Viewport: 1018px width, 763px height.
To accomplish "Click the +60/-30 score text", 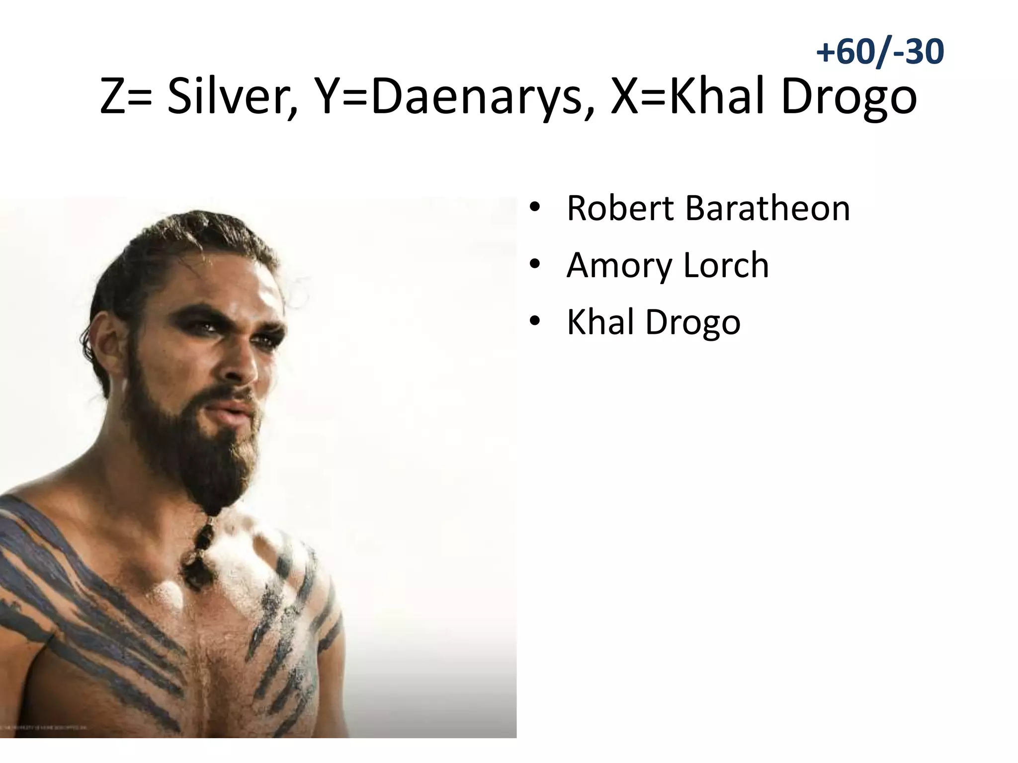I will point(879,52).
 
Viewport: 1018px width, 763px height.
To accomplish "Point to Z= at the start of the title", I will point(126,96).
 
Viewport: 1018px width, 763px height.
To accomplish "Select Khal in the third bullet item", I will point(600,322).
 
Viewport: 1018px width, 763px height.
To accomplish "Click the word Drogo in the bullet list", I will point(693,323).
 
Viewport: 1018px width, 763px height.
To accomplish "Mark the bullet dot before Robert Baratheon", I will point(534,208).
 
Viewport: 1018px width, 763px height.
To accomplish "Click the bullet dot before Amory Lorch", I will point(534,265).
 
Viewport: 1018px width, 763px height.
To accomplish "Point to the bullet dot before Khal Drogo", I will point(534,322).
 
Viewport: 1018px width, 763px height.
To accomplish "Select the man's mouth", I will point(231,412).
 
